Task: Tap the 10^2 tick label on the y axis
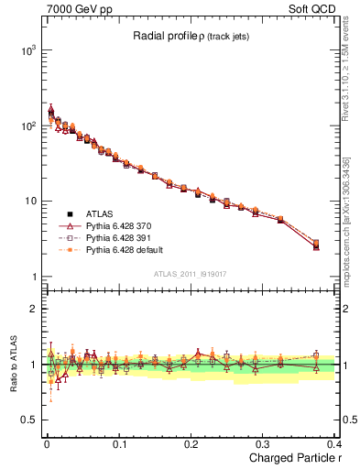(27, 125)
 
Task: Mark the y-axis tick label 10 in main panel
(29, 202)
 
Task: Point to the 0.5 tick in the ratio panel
(29, 420)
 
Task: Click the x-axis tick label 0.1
(119, 445)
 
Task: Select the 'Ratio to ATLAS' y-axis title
(11, 364)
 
